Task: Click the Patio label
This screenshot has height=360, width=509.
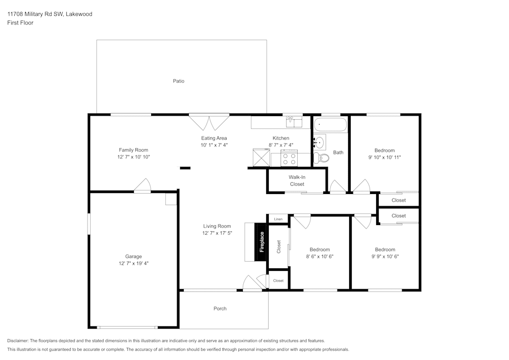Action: [178, 81]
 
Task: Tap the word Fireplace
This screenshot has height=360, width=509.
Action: [262, 242]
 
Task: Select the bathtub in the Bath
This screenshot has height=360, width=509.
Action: [330, 124]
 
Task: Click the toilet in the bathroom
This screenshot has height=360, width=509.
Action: [321, 158]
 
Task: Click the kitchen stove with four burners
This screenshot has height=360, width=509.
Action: [290, 159]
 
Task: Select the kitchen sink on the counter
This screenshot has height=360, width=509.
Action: [294, 121]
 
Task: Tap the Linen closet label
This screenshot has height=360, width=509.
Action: [278, 219]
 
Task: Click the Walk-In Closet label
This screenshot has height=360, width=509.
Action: [297, 180]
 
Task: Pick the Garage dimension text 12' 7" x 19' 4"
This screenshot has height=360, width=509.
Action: [133, 263]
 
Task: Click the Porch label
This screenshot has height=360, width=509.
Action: [220, 309]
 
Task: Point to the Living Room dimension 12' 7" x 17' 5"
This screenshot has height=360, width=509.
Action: [217, 233]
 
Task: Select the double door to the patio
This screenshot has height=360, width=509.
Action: [209, 122]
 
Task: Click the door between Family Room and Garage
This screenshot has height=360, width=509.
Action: [143, 186]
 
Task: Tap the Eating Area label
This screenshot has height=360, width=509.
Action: [214, 138]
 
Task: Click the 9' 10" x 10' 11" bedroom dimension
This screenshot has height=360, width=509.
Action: [384, 157]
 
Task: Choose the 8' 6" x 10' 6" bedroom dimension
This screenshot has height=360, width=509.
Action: [320, 257]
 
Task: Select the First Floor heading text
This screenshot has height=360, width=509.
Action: [20, 23]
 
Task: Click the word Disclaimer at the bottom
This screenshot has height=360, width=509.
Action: [18, 341]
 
